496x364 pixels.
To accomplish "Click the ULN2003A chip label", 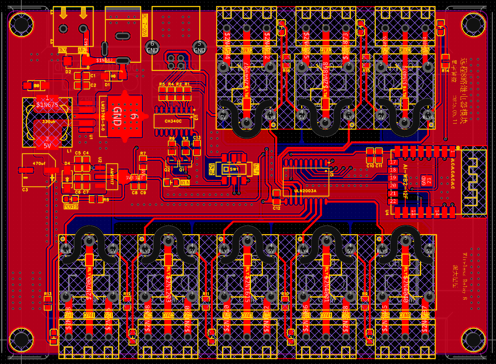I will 305,191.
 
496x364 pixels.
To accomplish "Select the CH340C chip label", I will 173,121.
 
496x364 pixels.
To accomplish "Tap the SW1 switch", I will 233,169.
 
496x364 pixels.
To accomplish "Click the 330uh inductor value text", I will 49,122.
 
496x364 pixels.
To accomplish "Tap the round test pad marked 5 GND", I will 199,46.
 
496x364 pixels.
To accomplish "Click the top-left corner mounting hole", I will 19,24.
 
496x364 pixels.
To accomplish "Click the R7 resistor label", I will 143,153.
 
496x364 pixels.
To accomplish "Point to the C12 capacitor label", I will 276,208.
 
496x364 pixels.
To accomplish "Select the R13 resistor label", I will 48,294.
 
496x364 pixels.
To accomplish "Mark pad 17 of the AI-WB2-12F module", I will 393,162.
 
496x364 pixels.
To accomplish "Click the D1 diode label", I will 107,85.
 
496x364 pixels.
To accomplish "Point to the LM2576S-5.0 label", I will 102,116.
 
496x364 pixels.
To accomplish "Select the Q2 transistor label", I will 167,169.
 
